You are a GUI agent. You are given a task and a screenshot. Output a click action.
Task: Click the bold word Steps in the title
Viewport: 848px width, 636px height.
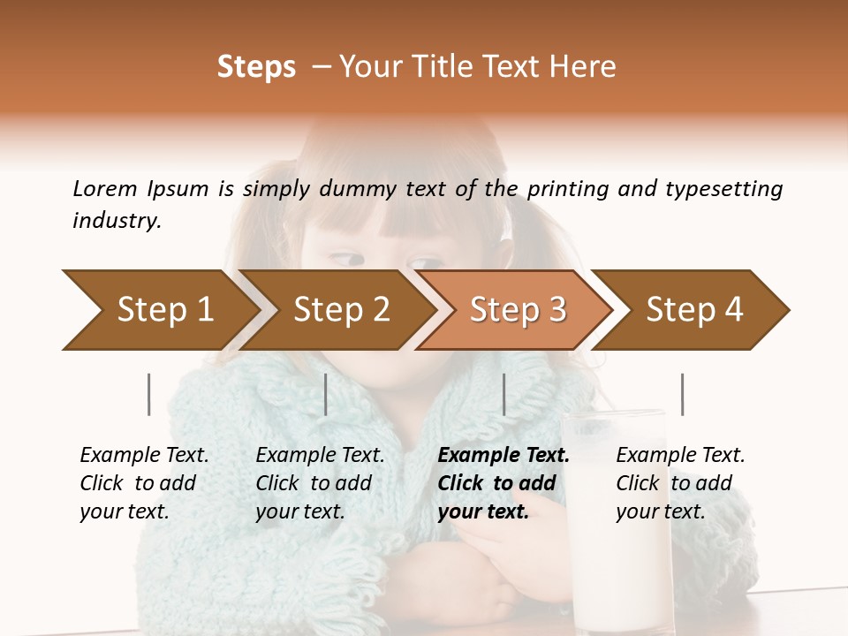click(256, 67)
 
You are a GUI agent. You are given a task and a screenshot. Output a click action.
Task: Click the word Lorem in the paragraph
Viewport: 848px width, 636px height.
click(105, 188)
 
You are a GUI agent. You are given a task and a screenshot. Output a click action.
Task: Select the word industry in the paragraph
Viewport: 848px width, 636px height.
click(116, 221)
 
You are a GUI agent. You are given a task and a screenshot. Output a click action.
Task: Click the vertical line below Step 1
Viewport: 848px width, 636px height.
click(148, 394)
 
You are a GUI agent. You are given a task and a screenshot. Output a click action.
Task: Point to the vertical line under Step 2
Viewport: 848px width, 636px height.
click(326, 394)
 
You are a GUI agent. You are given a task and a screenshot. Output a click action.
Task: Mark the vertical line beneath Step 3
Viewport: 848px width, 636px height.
click(503, 394)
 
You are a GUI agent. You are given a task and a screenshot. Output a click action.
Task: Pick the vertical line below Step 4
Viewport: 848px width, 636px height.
click(682, 394)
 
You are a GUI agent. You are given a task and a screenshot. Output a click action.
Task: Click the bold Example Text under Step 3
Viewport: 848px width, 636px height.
click(503, 456)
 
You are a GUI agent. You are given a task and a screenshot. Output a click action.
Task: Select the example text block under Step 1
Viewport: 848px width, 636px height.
click(144, 483)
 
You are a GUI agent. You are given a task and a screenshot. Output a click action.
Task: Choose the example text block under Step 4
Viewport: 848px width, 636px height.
click(680, 483)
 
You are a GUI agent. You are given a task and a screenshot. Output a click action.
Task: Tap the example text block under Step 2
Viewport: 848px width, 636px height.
click(320, 483)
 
